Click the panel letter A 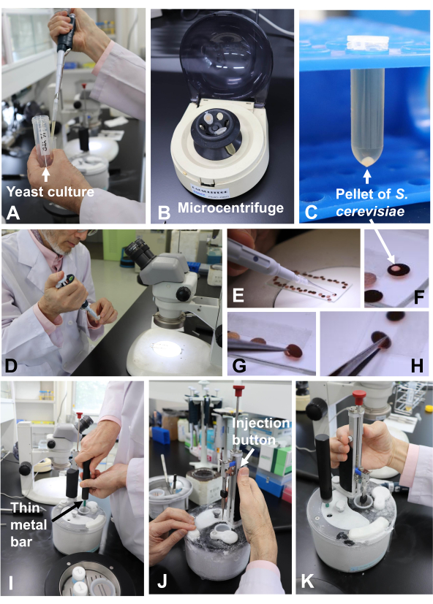[13, 213]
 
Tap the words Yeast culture [50, 191]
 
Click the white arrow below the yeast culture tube [46, 174]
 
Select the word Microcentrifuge [230, 208]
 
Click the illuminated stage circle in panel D [166, 351]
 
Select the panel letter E [238, 296]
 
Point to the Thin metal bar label [28, 524]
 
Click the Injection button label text [260, 431]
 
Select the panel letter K [307, 581]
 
